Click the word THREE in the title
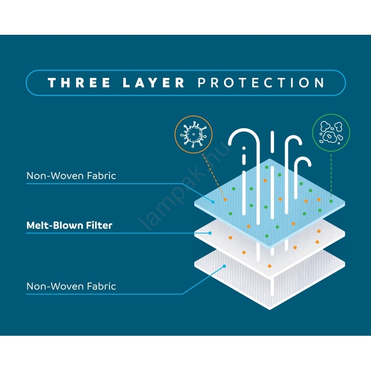79,83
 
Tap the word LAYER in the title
154,83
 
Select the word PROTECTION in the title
261,83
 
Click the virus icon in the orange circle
193,134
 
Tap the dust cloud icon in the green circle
331,133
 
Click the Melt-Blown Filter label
69,225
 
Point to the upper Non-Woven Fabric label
71,176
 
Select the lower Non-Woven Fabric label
71,286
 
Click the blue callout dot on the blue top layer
213,202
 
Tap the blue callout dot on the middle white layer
210,233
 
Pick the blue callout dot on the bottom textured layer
224,266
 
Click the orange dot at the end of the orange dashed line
225,200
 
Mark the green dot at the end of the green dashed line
331,201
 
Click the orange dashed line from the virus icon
213,176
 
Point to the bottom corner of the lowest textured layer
270,309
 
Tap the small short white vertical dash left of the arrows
244,155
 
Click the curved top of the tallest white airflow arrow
244,133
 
